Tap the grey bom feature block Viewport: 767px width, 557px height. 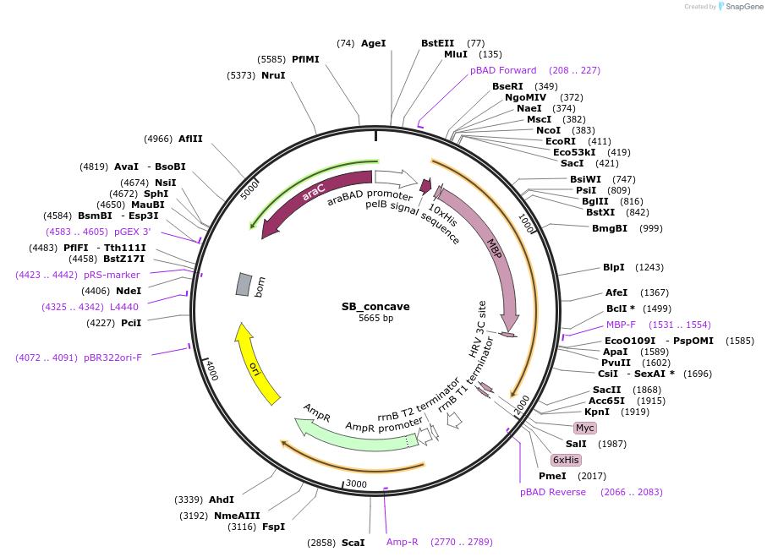click(x=244, y=285)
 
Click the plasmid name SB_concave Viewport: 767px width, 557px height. click(x=375, y=306)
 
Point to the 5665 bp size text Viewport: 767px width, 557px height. click(x=375, y=319)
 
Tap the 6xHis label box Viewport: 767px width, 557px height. click(x=565, y=460)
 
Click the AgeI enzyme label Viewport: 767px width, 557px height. click(x=373, y=43)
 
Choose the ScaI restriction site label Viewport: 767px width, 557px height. click(x=353, y=542)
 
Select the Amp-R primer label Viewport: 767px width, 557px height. click(x=403, y=542)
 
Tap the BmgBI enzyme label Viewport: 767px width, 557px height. click(x=610, y=228)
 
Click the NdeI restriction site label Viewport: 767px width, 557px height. click(x=129, y=291)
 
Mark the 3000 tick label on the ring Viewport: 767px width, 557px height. click(x=356, y=484)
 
